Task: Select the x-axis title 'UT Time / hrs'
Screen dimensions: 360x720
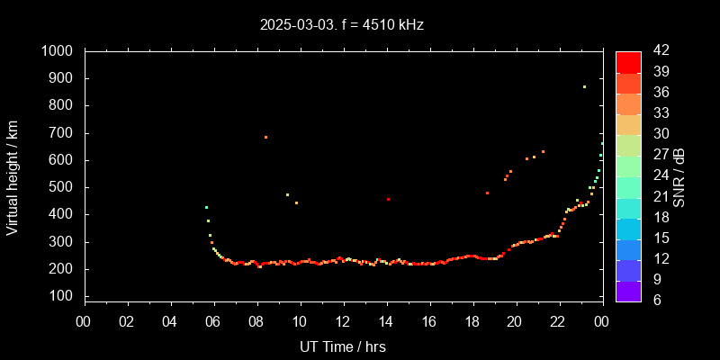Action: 343,346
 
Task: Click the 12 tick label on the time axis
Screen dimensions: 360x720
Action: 343,321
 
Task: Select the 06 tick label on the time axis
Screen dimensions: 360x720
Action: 214,321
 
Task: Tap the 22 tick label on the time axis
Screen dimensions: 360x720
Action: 558,321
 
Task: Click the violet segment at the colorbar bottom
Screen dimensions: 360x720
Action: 628,290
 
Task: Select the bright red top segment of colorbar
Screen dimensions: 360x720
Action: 628,61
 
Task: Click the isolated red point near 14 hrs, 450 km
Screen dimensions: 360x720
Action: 388,199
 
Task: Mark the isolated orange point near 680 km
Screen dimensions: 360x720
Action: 265,138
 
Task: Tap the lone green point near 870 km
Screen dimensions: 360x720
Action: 584,87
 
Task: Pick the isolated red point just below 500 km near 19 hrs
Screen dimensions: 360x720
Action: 487,193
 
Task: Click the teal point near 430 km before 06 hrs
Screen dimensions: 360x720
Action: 206,208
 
